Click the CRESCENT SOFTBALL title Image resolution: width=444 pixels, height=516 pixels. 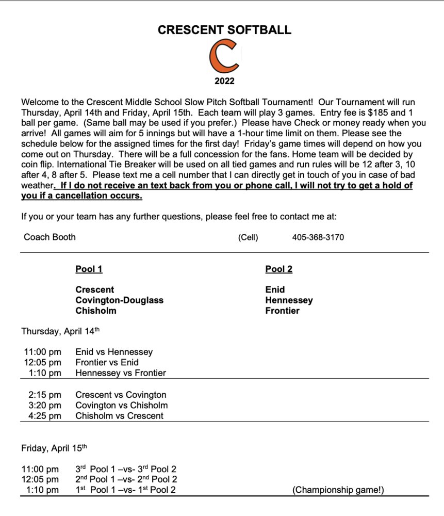[x=224, y=30]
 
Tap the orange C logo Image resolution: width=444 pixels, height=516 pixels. [x=224, y=57]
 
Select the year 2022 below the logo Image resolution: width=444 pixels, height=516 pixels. [x=224, y=81]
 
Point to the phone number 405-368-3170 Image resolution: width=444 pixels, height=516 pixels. [x=318, y=237]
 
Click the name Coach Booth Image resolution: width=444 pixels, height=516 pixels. [x=50, y=237]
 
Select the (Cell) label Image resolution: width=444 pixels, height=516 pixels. [x=248, y=237]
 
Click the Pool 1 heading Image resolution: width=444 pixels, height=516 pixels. [x=89, y=269]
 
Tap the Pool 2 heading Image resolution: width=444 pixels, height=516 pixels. [x=278, y=269]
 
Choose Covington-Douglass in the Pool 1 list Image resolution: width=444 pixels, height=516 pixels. [x=119, y=300]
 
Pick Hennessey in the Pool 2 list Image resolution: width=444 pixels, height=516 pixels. [x=289, y=300]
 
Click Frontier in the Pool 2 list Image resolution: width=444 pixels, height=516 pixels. [x=282, y=311]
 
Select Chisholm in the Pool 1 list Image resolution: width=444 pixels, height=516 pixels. [x=96, y=311]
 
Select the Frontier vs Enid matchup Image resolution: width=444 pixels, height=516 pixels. [x=107, y=362]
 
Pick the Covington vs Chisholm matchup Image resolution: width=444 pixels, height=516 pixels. [x=121, y=405]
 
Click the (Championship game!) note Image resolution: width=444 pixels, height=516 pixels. [x=338, y=490]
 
